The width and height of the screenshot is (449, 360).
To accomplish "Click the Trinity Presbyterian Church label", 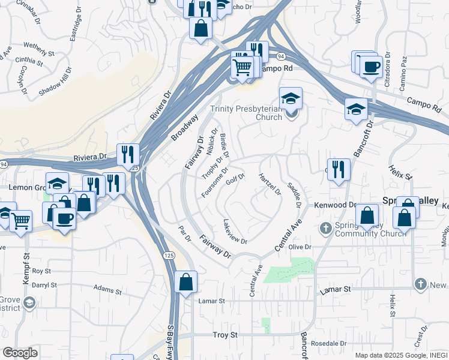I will tap(246, 113).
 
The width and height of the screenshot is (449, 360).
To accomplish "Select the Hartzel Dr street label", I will tap(270, 184).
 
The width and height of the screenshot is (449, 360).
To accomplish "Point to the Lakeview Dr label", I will tap(235, 231).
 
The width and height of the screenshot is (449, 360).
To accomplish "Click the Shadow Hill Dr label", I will tap(55, 81).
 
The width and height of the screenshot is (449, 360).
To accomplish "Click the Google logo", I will tap(19, 353).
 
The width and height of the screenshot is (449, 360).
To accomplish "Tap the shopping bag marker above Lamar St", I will tap(186, 282).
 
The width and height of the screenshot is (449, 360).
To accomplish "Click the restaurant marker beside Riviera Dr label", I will tap(128, 155).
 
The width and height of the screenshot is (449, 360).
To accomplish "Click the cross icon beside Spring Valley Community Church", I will tap(326, 227).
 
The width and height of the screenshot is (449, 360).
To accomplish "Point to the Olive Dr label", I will tap(300, 247).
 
